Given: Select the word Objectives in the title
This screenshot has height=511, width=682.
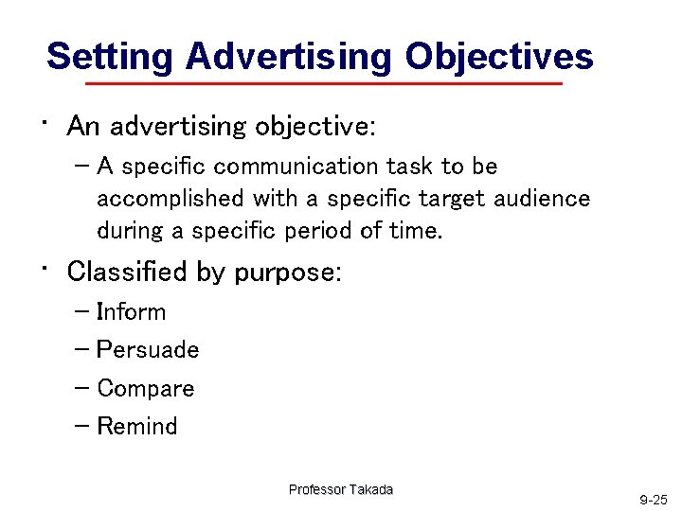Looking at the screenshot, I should tap(498, 57).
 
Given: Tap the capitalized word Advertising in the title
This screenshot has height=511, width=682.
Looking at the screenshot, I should tap(288, 57).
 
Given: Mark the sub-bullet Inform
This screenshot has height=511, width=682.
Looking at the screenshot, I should tap(131, 312).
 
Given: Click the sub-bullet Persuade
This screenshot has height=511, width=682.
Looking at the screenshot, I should tap(148, 350).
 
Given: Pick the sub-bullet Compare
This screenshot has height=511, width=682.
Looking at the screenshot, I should tap(145, 389).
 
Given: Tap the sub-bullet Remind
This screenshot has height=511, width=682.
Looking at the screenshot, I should tap(136, 427).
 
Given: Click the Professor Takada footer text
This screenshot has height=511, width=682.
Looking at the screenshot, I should tap(341, 489).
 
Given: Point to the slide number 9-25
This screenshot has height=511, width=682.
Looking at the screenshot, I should tap(653, 499).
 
